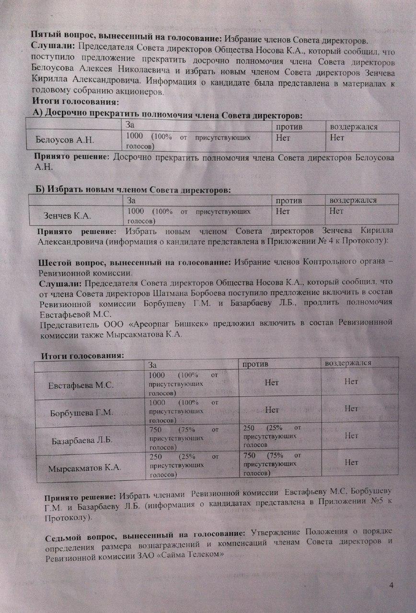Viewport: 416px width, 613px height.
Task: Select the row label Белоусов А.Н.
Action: click(x=65, y=140)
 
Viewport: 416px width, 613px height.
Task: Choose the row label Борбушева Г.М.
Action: click(x=81, y=413)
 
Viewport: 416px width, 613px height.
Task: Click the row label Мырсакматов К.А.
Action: click(x=84, y=468)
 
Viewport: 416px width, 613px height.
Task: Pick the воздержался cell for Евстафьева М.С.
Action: click(x=351, y=382)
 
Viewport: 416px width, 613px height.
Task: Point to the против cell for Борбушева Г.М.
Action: click(x=272, y=409)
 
